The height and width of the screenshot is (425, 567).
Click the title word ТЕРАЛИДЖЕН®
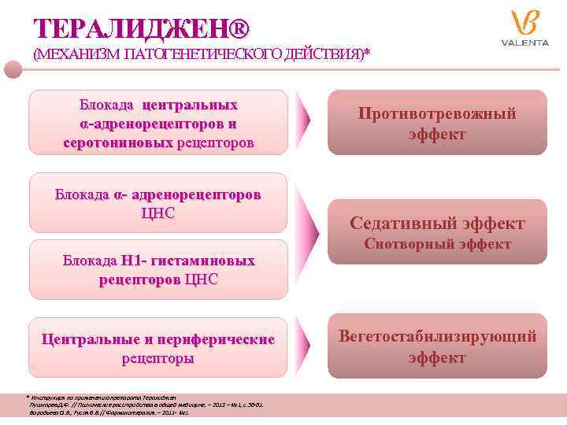click(142, 29)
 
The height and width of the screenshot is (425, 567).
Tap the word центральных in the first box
click(190, 105)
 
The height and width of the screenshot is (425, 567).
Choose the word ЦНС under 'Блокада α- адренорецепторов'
click(157, 213)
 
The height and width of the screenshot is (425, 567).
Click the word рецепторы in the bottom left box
click(157, 358)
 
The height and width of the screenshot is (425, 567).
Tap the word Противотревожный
click(437, 114)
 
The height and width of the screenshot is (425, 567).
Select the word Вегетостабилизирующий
click(437, 337)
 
